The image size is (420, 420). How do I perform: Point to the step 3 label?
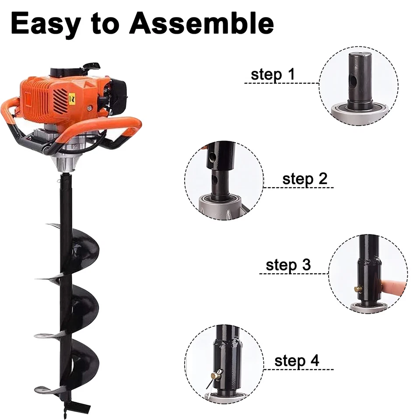click(x=288, y=265)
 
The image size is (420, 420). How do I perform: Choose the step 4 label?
click(x=297, y=361)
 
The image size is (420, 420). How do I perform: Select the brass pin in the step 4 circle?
click(x=216, y=374)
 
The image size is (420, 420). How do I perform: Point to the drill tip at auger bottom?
click(x=66, y=409)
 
